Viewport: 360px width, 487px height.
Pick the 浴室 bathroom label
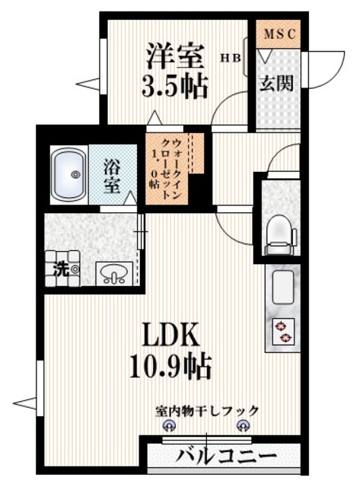click(x=112, y=174)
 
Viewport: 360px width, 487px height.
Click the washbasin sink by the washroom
click(x=113, y=272)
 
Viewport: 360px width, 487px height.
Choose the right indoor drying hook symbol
click(x=243, y=427)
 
